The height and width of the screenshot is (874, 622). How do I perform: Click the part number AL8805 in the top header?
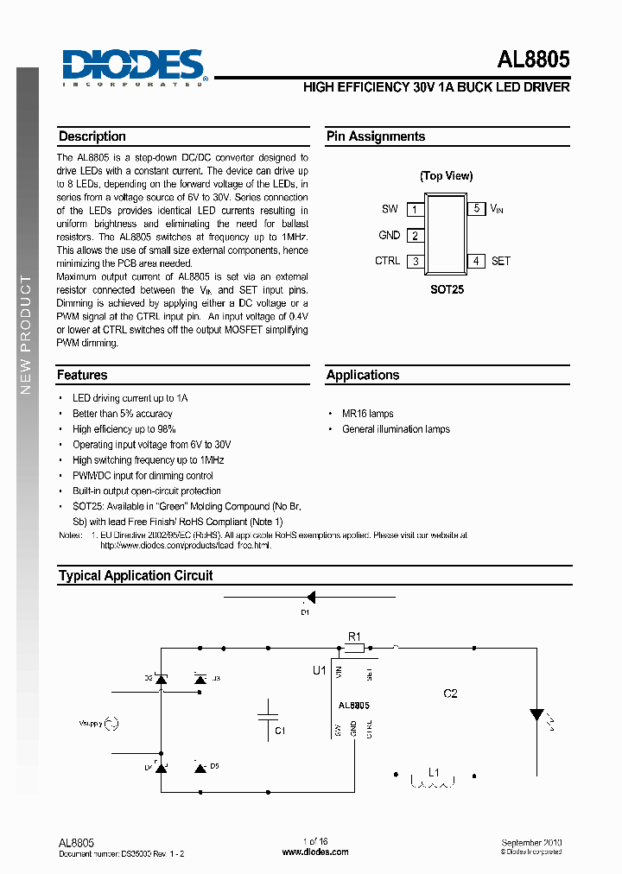(x=533, y=60)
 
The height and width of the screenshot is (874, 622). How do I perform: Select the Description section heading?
(x=92, y=136)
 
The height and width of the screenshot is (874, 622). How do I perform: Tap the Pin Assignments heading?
(x=376, y=136)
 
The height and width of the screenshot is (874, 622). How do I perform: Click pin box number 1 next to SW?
(x=415, y=210)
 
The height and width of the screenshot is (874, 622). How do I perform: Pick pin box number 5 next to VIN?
(x=476, y=209)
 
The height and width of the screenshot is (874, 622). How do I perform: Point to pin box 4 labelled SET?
(x=476, y=261)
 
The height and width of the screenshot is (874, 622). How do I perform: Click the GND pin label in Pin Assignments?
(x=390, y=235)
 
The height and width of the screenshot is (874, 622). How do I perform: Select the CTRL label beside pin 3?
(x=387, y=261)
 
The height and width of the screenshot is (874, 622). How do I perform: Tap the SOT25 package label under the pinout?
(x=447, y=289)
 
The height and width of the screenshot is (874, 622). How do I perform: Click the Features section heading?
(x=83, y=376)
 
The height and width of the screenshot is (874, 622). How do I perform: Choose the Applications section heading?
(x=363, y=376)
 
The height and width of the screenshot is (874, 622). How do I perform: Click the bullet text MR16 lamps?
(x=367, y=414)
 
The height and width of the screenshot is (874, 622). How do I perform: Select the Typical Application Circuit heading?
(x=136, y=575)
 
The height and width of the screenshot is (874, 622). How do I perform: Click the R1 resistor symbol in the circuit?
(x=353, y=647)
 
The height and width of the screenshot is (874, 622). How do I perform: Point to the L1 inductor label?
(x=435, y=772)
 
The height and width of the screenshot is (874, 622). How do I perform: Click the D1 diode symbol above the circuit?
(x=310, y=597)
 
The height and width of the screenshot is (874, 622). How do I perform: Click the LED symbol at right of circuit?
(x=536, y=715)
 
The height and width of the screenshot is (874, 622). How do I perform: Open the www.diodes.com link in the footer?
(x=315, y=852)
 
